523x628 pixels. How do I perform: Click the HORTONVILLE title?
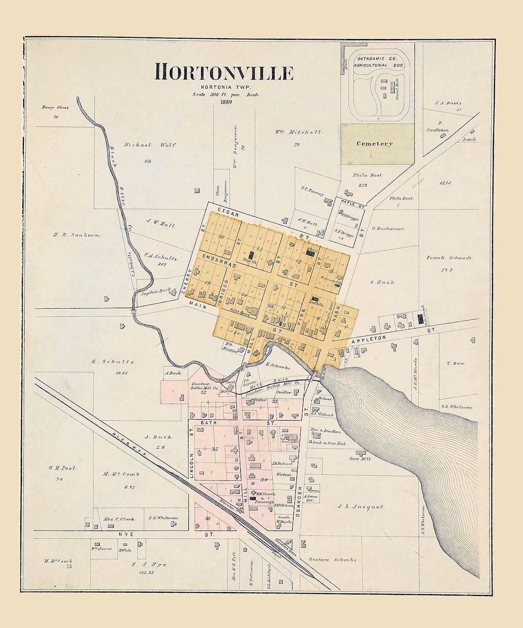[x=224, y=73]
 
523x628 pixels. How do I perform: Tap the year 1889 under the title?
[x=225, y=102]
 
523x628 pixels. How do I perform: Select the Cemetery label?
[x=375, y=143]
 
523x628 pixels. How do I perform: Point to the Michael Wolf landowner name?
[x=143, y=145]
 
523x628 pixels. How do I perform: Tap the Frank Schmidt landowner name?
[x=449, y=258]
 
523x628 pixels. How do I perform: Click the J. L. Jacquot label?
[x=360, y=507]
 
